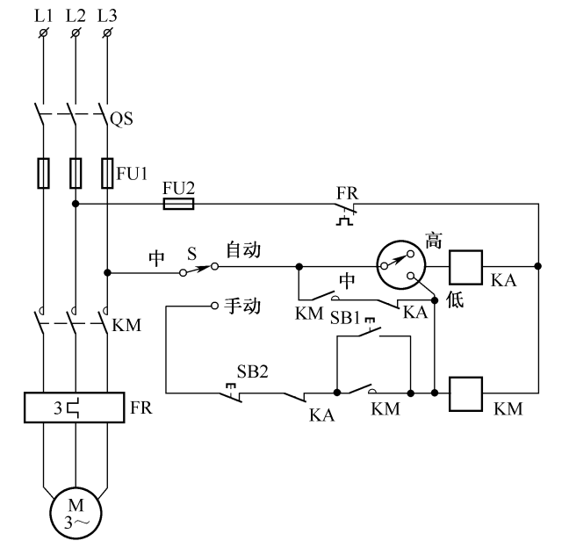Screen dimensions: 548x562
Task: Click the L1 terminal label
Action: (42, 16)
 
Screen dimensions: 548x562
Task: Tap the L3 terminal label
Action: (106, 16)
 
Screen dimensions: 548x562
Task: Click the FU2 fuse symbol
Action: (179, 204)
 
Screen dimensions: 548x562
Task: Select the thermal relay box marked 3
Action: (75, 409)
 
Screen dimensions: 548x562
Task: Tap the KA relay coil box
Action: (466, 264)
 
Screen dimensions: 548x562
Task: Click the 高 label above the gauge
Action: (432, 237)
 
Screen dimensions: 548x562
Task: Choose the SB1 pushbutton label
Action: (347, 316)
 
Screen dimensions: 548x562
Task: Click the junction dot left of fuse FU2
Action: (76, 204)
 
